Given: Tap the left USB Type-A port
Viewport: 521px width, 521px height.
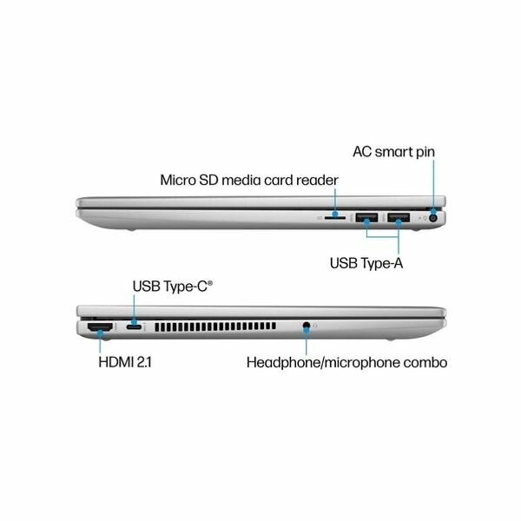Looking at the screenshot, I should (366, 217).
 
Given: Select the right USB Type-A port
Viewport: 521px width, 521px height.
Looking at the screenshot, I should (399, 217).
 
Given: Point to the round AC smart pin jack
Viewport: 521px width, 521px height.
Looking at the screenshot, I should (432, 217).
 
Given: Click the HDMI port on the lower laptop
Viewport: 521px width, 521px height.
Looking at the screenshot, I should (100, 327).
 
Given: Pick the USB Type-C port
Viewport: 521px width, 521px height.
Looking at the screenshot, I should (134, 327).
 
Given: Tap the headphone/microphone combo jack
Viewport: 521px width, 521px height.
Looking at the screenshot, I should (307, 327).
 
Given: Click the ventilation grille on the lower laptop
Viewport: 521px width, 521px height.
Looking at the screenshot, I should (218, 328).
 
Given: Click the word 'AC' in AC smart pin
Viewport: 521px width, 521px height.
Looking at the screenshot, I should (364, 152).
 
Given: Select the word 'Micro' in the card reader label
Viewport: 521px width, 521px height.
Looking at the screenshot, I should (180, 181).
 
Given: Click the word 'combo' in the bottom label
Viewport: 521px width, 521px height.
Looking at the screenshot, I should (423, 360).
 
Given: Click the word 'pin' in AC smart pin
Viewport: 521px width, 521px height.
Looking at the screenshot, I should (424, 152).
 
